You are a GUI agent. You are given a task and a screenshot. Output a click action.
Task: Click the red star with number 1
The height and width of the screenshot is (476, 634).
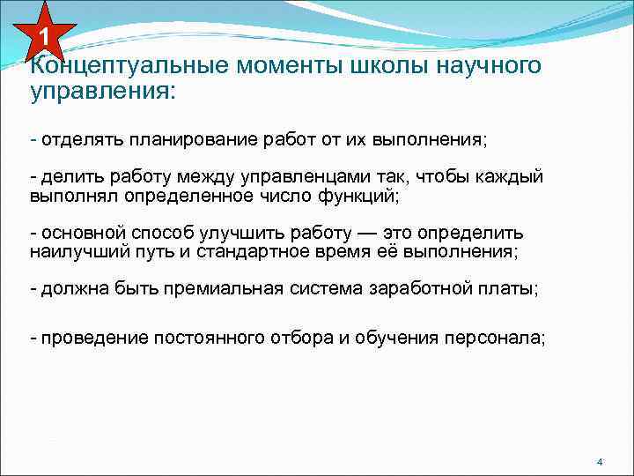point(42,34)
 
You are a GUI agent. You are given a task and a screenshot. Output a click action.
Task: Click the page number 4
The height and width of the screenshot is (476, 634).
point(599,462)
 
